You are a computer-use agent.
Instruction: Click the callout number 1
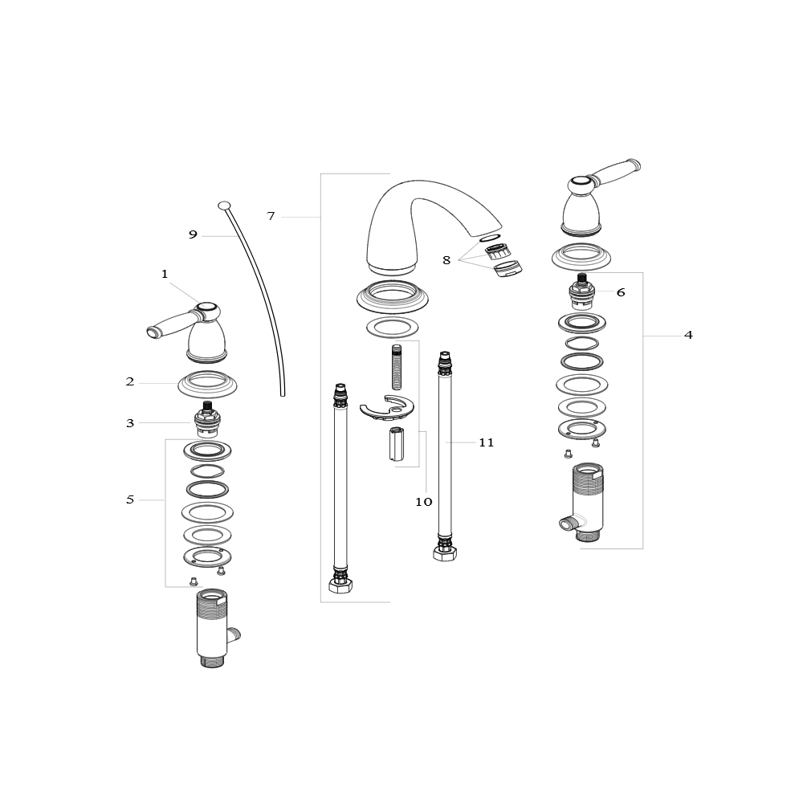point(165,274)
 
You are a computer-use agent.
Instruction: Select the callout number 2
point(130,381)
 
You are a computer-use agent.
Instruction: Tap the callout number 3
point(130,423)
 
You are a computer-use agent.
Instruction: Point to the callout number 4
point(688,335)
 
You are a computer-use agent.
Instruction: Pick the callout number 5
point(130,499)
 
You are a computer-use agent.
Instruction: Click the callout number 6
point(621,292)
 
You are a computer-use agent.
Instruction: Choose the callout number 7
point(271,216)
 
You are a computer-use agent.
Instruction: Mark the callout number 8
point(446,260)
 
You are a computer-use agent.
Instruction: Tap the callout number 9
point(193,234)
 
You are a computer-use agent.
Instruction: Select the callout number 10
point(424,502)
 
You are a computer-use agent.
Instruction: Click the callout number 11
point(487,442)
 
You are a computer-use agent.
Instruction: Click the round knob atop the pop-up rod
point(224,206)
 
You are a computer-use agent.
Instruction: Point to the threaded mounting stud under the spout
point(397,367)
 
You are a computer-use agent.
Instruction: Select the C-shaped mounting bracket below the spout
point(387,408)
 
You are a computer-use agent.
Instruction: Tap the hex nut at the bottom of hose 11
point(445,553)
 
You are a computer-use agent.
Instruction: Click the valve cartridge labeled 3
point(207,419)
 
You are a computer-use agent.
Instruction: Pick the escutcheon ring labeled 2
point(207,384)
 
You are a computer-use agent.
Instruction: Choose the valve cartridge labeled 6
point(581,291)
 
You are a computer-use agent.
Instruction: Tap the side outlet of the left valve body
point(234,635)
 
